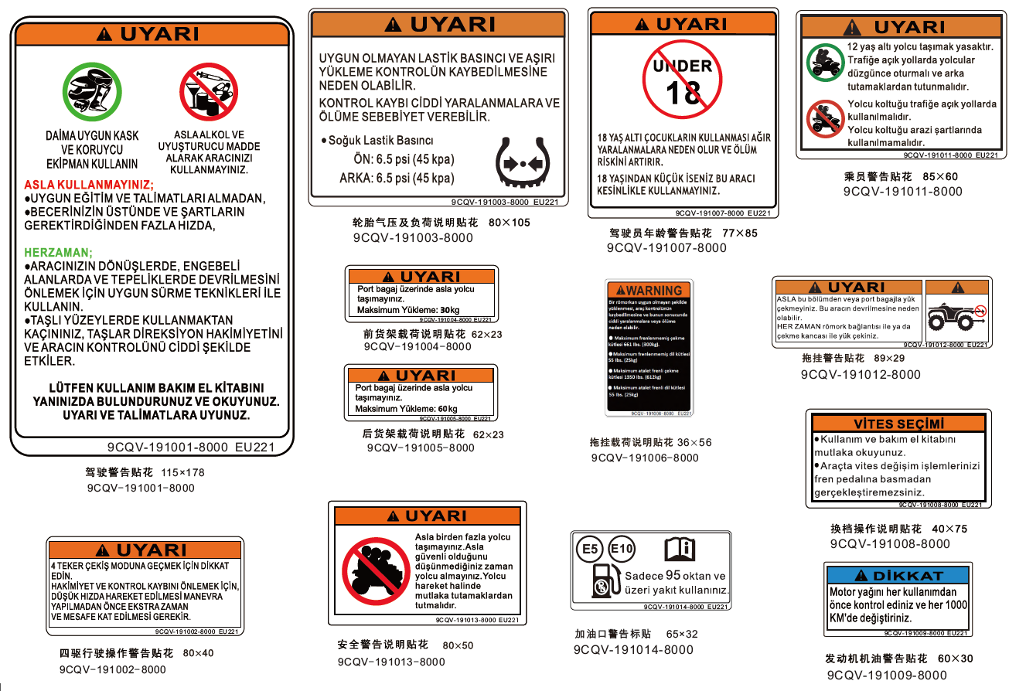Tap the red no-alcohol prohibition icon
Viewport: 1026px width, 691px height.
tap(209, 90)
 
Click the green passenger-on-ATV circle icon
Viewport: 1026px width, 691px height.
tap(824, 62)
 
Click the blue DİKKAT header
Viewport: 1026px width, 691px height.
tap(897, 576)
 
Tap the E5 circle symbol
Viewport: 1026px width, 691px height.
tap(591, 550)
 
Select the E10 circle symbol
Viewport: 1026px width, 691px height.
tap(622, 550)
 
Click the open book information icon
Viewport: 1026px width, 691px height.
tap(680, 550)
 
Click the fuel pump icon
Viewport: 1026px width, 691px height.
tap(602, 581)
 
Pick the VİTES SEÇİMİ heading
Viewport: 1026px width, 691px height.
tap(898, 424)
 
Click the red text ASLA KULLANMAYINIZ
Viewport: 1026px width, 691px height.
tap(89, 186)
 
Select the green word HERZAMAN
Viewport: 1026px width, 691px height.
tap(59, 253)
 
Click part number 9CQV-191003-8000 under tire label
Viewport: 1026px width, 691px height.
tap(407, 238)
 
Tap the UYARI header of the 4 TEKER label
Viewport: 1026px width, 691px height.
tap(145, 550)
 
